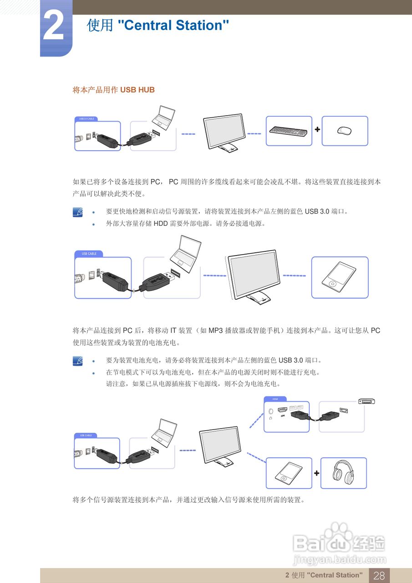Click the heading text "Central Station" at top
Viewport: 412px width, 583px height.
173,25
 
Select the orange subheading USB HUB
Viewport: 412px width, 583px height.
137,90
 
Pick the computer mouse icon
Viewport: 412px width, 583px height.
344,131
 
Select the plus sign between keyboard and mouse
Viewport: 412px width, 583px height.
317,129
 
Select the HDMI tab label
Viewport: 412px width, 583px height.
275,399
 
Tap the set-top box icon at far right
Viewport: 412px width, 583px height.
366,401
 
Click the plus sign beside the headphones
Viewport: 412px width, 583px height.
316,473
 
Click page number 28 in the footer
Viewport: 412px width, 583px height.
379,575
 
